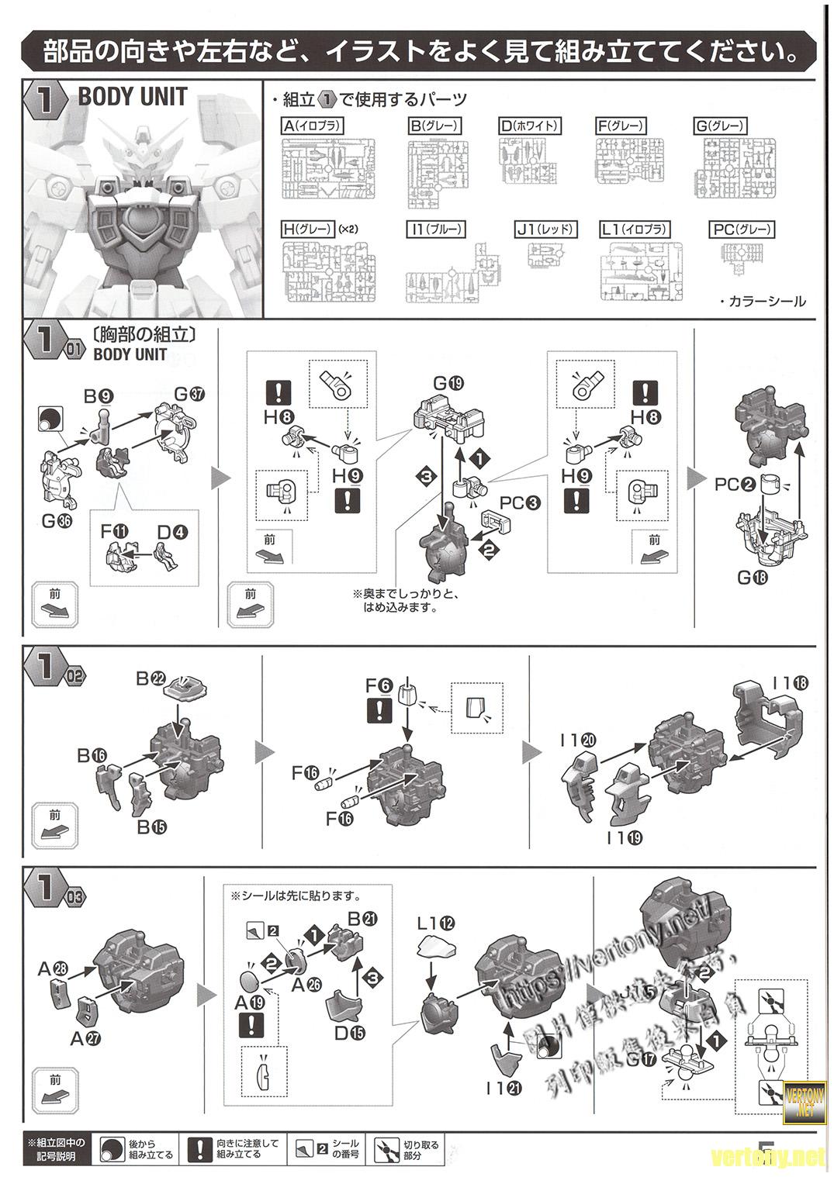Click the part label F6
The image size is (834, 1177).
tap(379, 685)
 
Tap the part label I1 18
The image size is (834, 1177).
tap(791, 684)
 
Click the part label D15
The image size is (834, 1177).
tap(351, 1033)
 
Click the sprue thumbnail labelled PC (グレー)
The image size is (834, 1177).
tap(741, 256)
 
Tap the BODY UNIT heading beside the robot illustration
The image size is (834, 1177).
tap(133, 97)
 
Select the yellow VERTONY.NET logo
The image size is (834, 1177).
tap(801, 1101)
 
